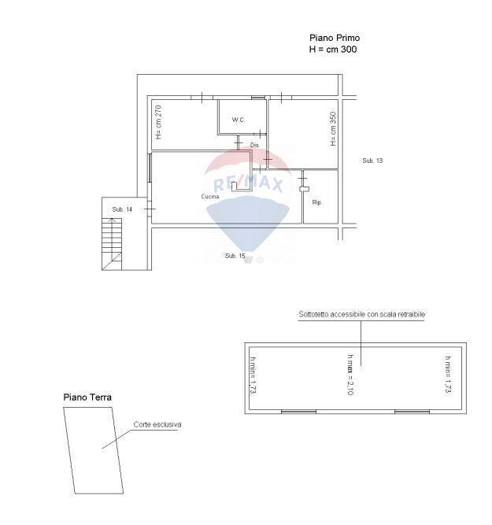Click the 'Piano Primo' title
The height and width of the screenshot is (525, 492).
335,38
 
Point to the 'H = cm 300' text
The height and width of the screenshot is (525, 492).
335,49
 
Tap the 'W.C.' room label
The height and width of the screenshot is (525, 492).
239,120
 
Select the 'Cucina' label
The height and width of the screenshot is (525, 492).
209,196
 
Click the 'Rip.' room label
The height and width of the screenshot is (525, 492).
317,202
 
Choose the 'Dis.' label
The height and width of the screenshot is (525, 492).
255,146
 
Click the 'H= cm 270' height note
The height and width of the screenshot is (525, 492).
158,122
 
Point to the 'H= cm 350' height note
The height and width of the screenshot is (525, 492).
334,128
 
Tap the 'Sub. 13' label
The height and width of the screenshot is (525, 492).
372,161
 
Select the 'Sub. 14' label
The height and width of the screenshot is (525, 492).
122,209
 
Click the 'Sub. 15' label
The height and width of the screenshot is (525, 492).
235,256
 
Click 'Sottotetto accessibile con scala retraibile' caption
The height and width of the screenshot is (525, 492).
362,314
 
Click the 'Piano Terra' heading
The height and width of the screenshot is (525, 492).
87,397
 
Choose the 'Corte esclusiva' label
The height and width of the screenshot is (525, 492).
157,424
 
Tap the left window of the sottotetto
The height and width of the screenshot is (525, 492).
298,411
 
